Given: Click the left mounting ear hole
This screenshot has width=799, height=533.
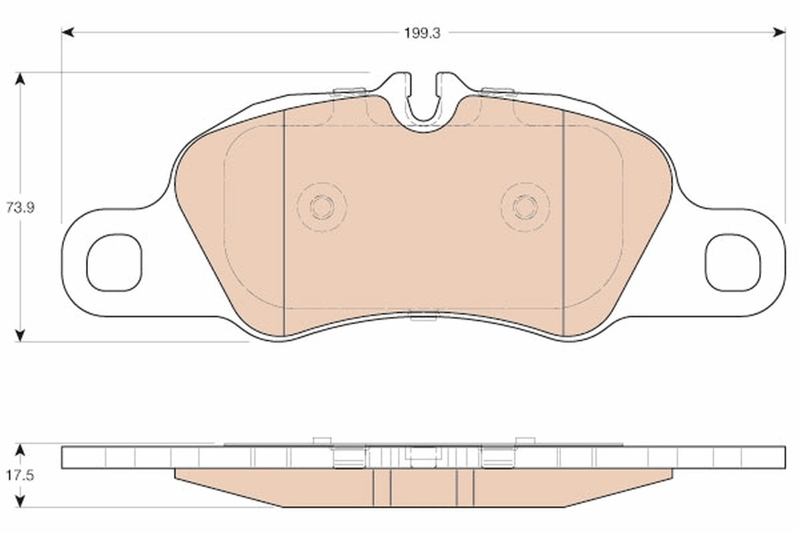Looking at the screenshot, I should point(114,263).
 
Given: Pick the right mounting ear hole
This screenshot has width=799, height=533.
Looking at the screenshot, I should point(732,263).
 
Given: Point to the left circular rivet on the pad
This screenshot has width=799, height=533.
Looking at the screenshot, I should point(322,207).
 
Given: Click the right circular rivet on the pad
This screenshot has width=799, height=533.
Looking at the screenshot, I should point(525,207).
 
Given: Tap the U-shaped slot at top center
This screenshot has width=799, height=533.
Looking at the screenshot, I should point(423,100).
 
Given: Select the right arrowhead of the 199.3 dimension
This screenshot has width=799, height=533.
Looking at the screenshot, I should point(780,32).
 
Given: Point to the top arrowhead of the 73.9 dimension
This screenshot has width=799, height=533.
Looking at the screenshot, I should point(21,78).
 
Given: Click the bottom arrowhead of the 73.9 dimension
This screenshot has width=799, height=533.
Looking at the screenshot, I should point(21,336).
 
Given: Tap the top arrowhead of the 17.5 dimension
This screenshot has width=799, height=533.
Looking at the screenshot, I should point(21,449).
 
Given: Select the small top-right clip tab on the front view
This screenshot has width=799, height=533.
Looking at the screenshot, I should point(498,92).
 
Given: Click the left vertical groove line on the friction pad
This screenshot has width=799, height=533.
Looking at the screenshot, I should point(284,220).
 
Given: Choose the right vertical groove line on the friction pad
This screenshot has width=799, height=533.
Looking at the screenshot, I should point(563,220).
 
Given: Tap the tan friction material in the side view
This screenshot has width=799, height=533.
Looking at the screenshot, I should point(320,490).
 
